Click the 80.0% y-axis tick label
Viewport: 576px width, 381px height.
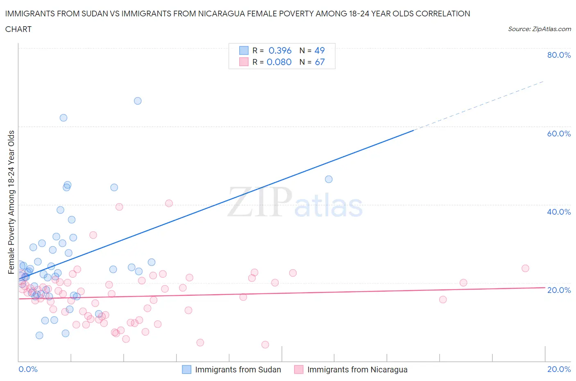(559, 55)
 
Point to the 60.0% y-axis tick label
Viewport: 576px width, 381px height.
(559, 134)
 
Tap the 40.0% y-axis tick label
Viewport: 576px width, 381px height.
(559, 212)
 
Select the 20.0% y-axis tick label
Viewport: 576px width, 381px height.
(559, 290)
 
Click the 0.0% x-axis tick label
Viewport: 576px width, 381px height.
(28, 369)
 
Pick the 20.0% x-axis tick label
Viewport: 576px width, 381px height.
(559, 369)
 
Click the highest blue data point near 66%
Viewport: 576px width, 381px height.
(138, 101)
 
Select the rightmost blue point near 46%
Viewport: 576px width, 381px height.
(329, 179)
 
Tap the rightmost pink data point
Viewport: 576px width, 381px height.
(525, 268)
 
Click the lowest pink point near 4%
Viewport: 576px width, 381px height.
(265, 345)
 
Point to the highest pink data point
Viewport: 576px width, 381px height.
(169, 203)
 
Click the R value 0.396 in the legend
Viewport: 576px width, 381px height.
(280, 50)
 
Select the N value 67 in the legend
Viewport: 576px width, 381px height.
(320, 62)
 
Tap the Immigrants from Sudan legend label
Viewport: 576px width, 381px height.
(238, 370)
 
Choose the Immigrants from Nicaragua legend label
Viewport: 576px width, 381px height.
(357, 370)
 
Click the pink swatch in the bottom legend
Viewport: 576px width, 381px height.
(299, 370)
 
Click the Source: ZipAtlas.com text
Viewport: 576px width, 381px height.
(539, 29)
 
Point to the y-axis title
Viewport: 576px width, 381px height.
(11, 202)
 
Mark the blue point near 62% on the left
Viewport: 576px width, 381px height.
(63, 118)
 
